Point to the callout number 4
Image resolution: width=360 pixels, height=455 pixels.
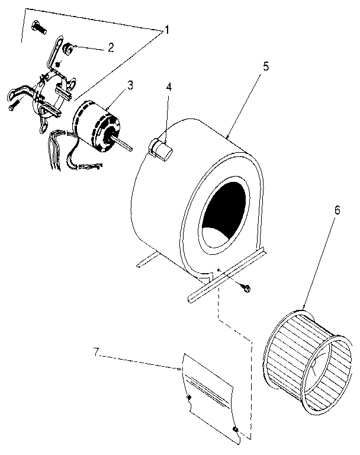(x=169, y=86)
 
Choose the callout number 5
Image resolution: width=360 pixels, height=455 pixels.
(x=266, y=65)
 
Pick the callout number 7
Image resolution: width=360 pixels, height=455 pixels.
(x=97, y=354)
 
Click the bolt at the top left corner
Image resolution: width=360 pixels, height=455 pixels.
(x=38, y=27)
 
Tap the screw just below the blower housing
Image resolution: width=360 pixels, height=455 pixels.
(x=246, y=288)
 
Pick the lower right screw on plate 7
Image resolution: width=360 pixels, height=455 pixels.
(x=236, y=428)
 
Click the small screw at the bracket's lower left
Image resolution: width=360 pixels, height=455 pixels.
(x=14, y=107)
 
